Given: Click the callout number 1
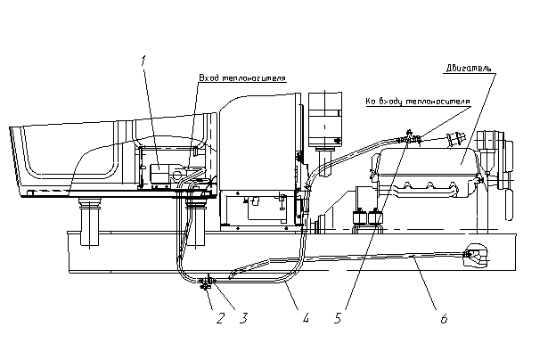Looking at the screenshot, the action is tap(143, 61).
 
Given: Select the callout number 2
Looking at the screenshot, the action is tap(221, 318).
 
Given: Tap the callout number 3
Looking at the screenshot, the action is tap(243, 318).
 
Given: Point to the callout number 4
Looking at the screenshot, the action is tap(306, 318).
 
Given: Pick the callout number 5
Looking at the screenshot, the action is tap(338, 318).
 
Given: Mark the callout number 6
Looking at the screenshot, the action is tap(445, 318).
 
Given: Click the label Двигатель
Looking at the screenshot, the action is tap(469, 68).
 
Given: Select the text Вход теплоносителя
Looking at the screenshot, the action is tap(242, 78).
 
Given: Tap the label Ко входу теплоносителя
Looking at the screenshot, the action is tap(418, 102).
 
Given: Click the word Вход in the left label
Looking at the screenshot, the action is tap(208, 78).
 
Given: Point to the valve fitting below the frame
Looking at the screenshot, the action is tap(207, 282).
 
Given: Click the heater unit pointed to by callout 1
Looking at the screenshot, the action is tap(159, 173).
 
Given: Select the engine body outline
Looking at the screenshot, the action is tap(426, 173).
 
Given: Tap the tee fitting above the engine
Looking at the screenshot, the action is tap(409, 137).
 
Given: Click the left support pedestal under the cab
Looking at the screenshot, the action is tap(90, 222).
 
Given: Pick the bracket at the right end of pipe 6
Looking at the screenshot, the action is tap(475, 254).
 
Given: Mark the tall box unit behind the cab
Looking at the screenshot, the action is tap(325, 119).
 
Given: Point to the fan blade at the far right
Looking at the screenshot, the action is tap(509, 204).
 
